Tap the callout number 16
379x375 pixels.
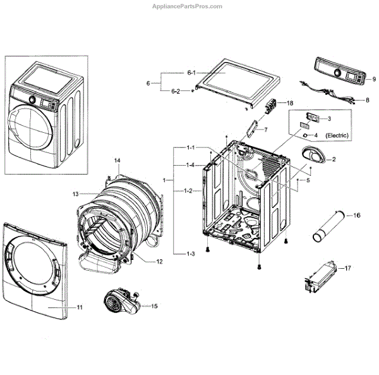pos(357,216)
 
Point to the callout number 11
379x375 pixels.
pos(80,307)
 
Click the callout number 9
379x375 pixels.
pos(374,79)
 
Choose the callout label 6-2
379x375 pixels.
pos(176,92)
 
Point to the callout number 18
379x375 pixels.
pos(290,102)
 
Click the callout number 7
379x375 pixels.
pos(266,130)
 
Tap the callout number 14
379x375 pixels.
pos(117,162)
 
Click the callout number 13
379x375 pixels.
pos(75,194)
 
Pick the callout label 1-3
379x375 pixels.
pos(190,254)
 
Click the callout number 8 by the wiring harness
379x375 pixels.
pos(368,100)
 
